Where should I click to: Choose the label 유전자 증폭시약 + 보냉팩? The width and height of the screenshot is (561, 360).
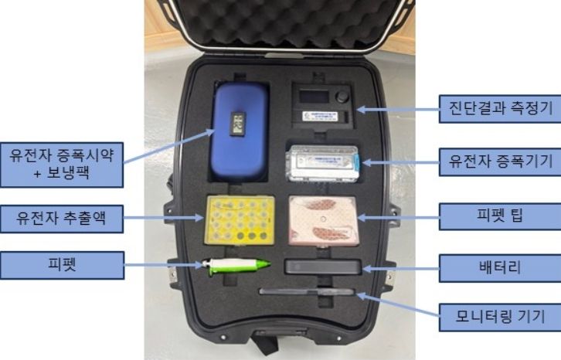(62, 163)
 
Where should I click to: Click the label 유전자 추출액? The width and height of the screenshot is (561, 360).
(62, 219)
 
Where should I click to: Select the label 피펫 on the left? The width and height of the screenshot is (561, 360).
(62, 265)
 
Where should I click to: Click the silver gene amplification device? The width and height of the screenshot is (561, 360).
(322, 161)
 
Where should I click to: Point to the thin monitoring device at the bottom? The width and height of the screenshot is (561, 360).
(307, 292)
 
